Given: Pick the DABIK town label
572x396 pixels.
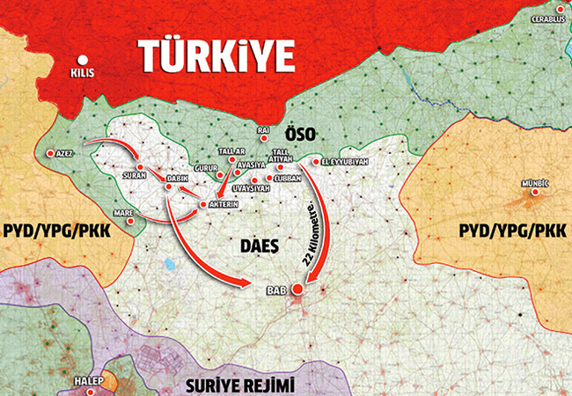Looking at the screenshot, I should (180, 179).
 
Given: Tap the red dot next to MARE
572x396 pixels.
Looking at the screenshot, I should (131, 221).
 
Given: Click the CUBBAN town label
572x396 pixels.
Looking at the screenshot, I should (288, 178).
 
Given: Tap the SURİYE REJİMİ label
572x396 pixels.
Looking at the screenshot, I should (240, 385).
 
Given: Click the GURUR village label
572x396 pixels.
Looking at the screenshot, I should (206, 167).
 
